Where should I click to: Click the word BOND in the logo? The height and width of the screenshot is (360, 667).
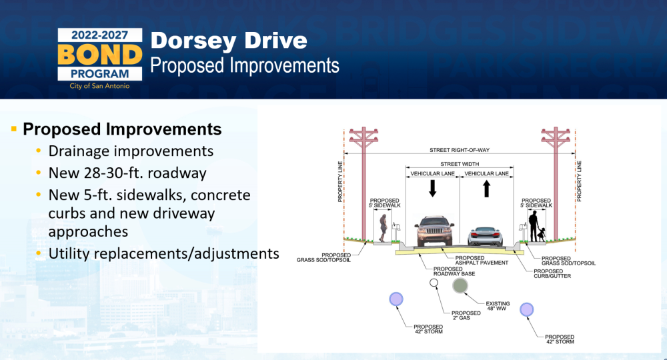99,55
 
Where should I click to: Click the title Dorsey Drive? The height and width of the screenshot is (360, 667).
229,41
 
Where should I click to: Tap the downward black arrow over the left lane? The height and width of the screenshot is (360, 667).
433,188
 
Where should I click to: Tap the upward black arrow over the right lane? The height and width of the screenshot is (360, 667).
487,188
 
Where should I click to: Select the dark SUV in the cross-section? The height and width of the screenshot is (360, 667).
434,231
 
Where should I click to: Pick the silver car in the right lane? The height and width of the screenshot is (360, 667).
486,236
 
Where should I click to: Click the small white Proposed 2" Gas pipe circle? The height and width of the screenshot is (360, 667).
434,283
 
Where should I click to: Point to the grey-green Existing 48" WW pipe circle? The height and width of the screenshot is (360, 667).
460,285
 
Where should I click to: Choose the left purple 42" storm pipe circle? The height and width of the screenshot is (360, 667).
396,299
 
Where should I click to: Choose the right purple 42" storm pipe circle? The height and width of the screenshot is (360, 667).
527,309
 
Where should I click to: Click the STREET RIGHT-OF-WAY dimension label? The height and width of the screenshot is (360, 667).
460,150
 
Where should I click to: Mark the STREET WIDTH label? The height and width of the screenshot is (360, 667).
460,164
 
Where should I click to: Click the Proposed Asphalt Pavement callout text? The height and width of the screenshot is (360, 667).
482,260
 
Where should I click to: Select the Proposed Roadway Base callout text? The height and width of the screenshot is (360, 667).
454,271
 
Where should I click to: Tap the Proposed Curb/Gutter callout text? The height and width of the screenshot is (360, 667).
552,274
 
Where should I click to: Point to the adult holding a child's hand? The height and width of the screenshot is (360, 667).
534,226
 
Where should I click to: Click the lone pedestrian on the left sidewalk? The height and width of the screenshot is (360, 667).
383,228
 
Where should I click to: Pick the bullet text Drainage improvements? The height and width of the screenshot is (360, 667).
131,151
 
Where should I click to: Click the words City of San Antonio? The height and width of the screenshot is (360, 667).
99,86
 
